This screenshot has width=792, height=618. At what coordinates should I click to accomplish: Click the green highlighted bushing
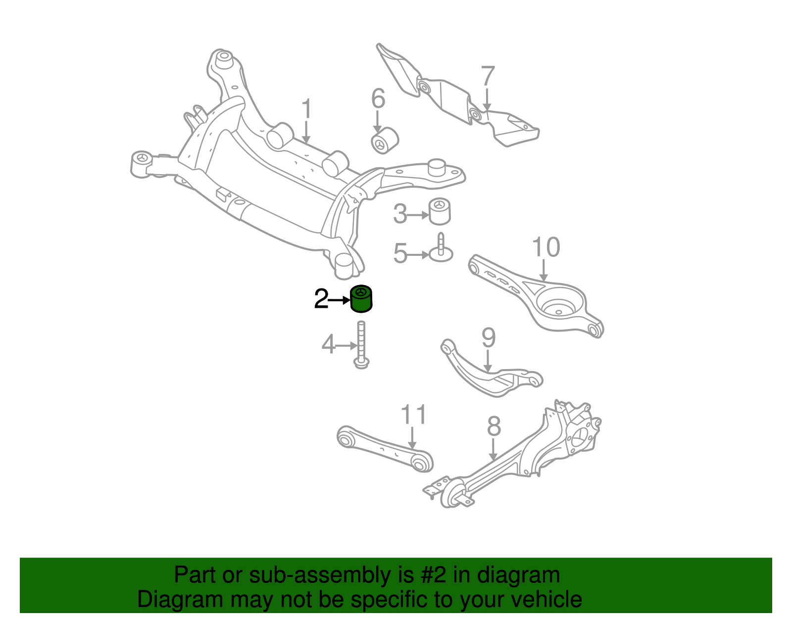pyautogui.click(x=361, y=300)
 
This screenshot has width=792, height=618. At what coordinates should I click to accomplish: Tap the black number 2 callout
pyautogui.click(x=321, y=299)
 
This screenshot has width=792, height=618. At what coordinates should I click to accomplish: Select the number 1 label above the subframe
pyautogui.click(x=307, y=109)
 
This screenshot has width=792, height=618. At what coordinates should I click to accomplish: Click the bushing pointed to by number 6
pyautogui.click(x=385, y=141)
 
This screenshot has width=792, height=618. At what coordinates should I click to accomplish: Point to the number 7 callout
pyautogui.click(x=488, y=77)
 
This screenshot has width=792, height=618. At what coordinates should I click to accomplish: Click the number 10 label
pyautogui.click(x=546, y=247)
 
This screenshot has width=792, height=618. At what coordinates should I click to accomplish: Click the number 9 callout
pyautogui.click(x=488, y=338)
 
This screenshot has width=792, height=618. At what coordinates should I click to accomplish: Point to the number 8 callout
pyautogui.click(x=494, y=426)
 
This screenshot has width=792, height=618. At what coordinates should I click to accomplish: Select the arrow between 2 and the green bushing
pyautogui.click(x=340, y=300)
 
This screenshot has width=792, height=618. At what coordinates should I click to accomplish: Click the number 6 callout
pyautogui.click(x=378, y=98)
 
